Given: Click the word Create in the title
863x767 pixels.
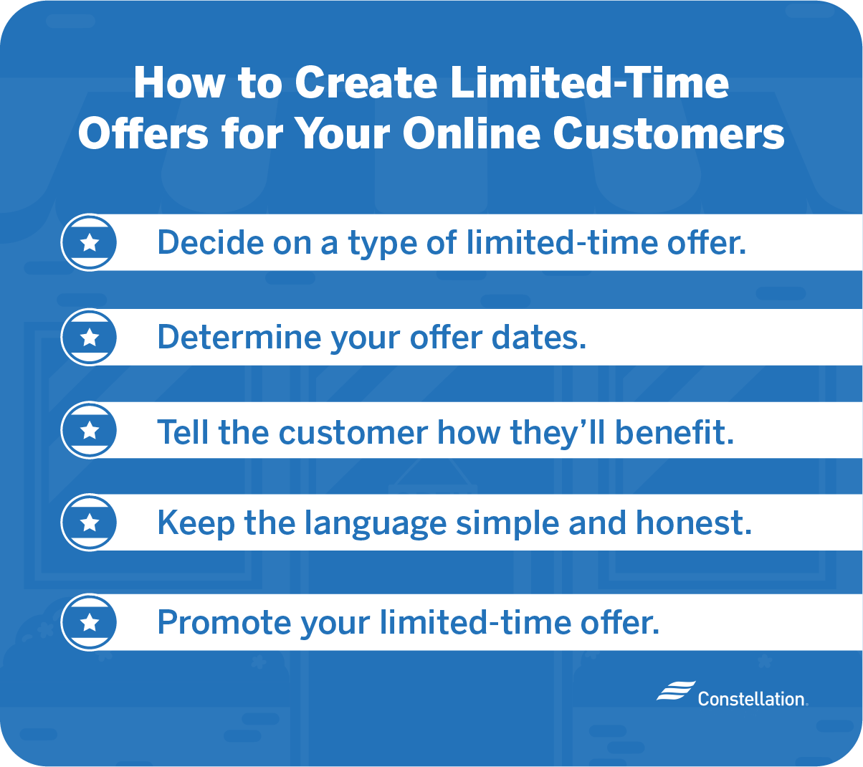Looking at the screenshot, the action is pos(366,82).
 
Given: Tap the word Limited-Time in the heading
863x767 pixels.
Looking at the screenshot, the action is pos(589,82).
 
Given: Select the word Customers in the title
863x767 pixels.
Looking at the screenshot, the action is pos(668,133).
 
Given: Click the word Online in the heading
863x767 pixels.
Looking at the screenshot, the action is pos(472,133).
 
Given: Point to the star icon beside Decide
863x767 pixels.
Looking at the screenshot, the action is pos(90,243).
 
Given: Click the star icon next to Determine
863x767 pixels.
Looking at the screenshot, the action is pos(90,338).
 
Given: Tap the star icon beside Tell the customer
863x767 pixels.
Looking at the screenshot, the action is pos(90,430).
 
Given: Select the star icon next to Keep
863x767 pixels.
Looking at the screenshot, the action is pos(90,523).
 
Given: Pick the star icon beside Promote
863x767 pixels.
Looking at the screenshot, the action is pos(90,622).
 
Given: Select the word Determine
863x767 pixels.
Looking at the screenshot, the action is pos(239,338).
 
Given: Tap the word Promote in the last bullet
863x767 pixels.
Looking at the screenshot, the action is pos(224,622).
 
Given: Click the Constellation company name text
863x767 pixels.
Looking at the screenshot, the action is pos(753,699).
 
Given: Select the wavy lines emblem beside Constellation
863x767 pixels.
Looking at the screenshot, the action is pos(676,691).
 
